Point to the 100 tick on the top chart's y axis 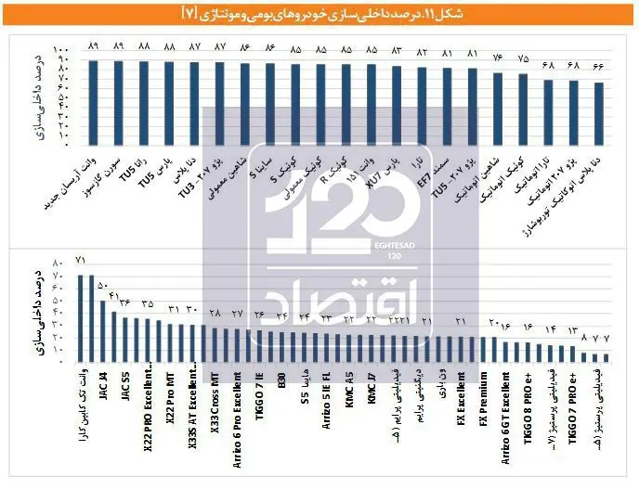coord(61,50)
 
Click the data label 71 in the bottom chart coord(81,260)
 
